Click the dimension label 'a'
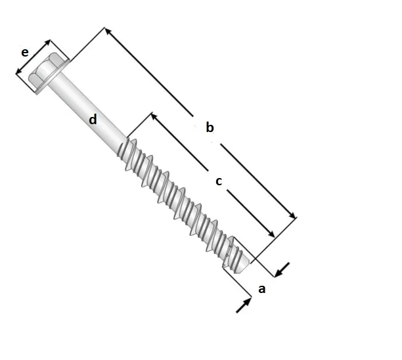[261, 288]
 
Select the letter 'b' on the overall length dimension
[210, 127]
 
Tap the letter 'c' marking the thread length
[219, 181]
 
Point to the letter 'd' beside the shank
[93, 120]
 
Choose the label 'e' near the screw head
[25, 52]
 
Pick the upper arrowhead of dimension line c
[154, 116]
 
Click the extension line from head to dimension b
[85, 46]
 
